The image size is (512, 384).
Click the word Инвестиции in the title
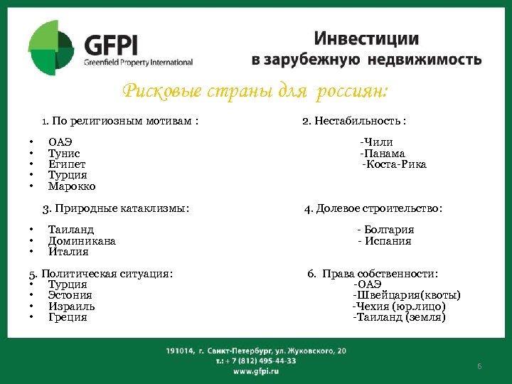pos(366,38)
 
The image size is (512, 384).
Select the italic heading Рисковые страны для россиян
pos(255,91)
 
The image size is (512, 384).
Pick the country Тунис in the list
pos(64,154)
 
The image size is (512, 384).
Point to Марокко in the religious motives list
pos(71,186)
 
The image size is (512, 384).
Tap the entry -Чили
pos(376,142)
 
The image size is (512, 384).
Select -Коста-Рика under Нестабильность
pos(395,164)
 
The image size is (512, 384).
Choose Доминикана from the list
pos(82,241)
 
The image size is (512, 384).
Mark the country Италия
pos(68,252)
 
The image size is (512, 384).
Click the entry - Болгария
pos(385,230)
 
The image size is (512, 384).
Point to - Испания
pos(384,241)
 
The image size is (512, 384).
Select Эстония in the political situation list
pos(70,295)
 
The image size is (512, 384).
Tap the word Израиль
pos(71,306)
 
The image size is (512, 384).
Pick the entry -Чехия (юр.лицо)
pos(400,306)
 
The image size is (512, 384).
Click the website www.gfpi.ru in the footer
pos(255,371)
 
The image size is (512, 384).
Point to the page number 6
pos(479,366)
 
